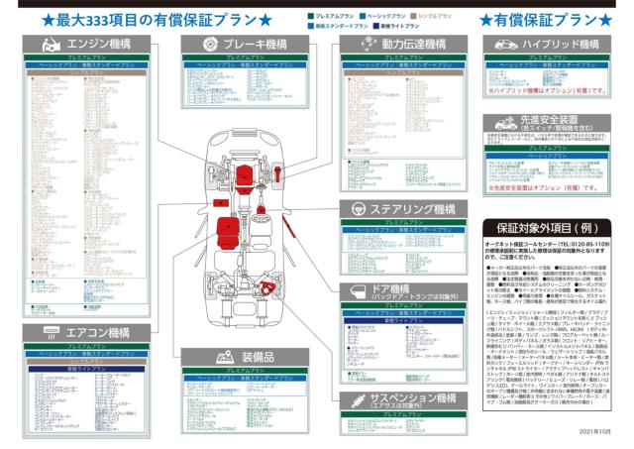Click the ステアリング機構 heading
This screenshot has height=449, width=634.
[412, 209]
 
